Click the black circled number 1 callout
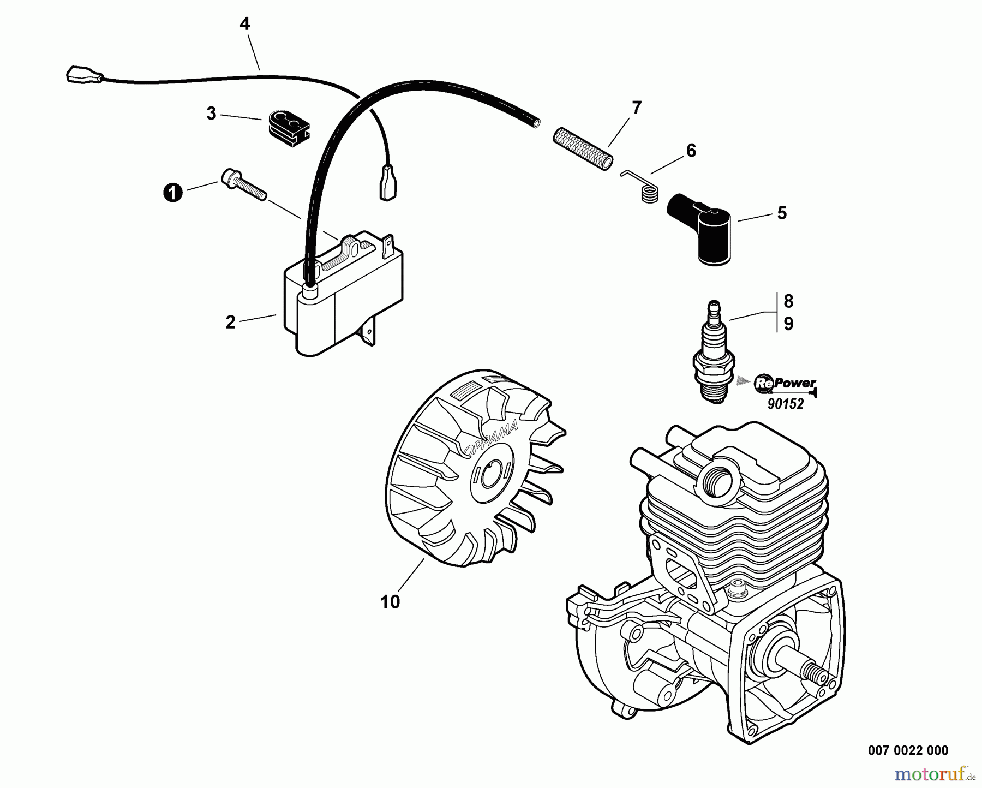point(173,193)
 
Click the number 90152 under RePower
point(786,404)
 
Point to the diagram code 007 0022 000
point(908,750)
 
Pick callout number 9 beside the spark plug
point(788,324)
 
